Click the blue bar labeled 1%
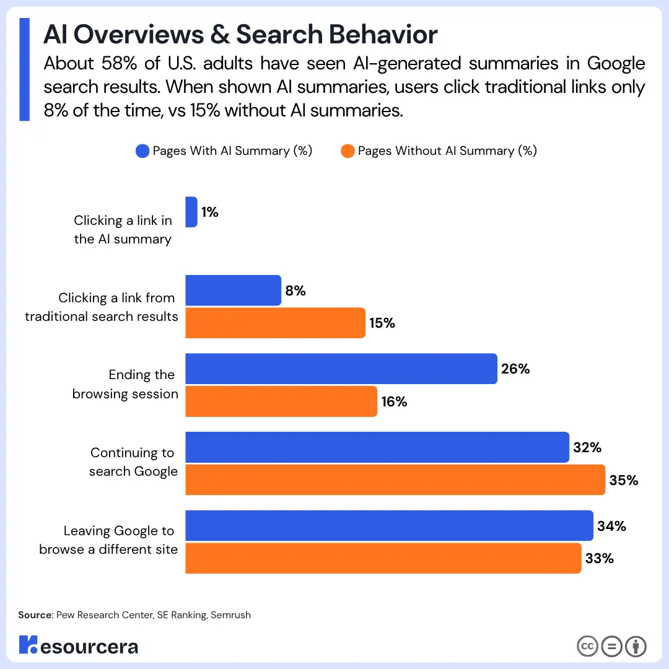[x=191, y=212]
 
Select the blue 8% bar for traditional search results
[x=234, y=291]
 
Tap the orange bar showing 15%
[x=276, y=323]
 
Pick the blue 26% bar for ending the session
[x=341, y=369]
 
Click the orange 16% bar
[x=281, y=401]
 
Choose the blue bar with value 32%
[x=377, y=447]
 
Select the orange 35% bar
[x=395, y=479]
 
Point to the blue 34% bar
[x=390, y=526]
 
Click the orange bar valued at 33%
[x=383, y=558]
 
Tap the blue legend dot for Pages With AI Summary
[x=142, y=151]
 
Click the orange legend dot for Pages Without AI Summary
[x=348, y=151]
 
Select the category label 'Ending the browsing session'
[x=126, y=384]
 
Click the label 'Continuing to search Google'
[x=133, y=462]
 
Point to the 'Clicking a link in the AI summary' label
[x=123, y=230]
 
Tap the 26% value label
[x=515, y=369]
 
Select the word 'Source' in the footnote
[x=35, y=615]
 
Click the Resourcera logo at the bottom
[x=79, y=645]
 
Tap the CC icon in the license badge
[x=587, y=646]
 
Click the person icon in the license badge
[x=636, y=646]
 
